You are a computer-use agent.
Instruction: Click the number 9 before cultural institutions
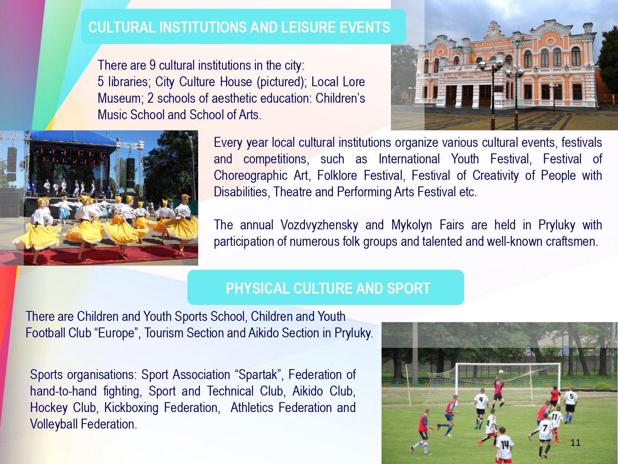[x=152, y=65]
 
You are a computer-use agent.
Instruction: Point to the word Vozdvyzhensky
[x=319, y=225]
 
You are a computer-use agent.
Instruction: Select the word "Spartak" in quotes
[x=259, y=374]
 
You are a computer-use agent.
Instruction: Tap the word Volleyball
[x=54, y=424]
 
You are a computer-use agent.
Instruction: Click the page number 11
[x=575, y=443]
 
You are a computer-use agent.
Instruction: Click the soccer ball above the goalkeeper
[x=501, y=372]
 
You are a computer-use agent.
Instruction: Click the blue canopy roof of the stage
[x=73, y=137]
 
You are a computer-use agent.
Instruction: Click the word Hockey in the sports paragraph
[x=49, y=407]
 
